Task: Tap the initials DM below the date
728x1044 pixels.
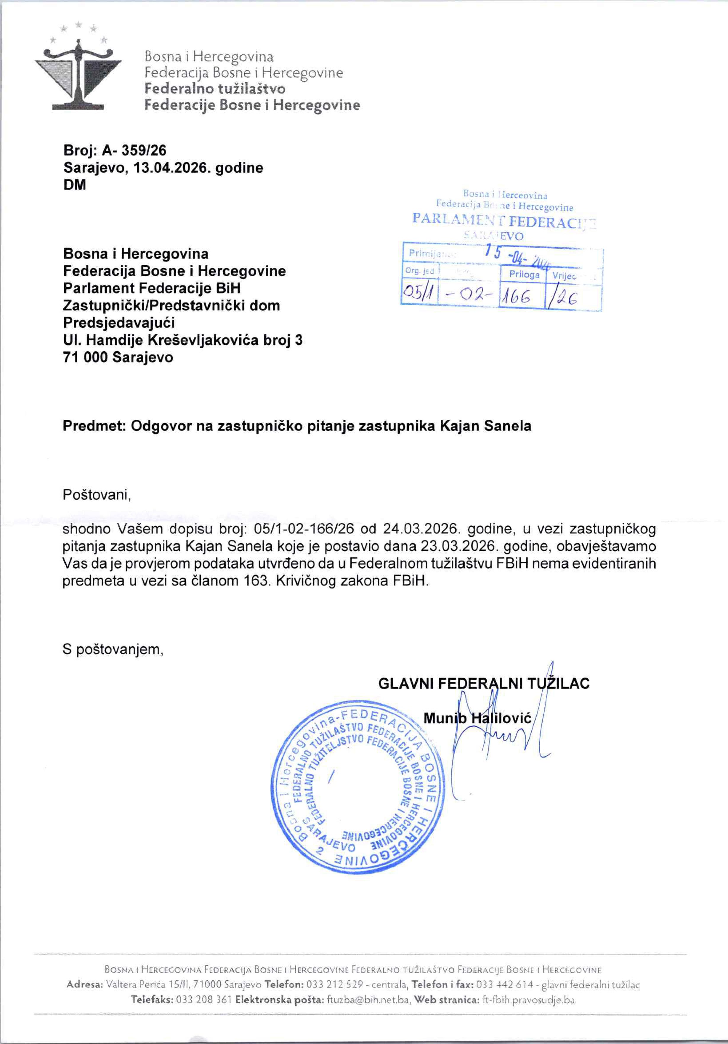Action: (74, 185)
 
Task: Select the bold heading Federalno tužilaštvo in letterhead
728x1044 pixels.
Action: (215, 89)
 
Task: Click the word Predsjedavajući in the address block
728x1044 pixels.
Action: (119, 323)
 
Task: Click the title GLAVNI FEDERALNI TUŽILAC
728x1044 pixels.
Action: (484, 684)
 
